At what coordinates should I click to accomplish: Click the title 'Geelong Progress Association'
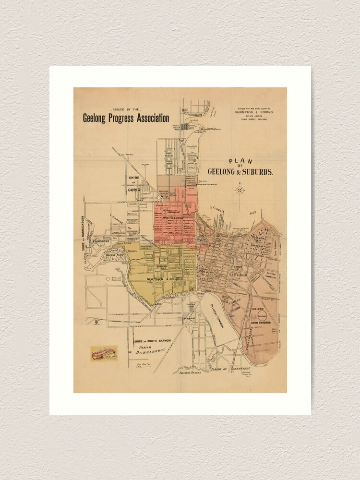point(126,118)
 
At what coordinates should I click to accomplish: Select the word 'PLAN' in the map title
point(240,162)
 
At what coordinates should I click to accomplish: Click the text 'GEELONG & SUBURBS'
point(240,172)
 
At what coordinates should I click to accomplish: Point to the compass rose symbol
point(240,190)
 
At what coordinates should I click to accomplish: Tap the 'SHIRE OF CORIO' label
point(134,184)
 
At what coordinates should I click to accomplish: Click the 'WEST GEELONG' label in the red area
point(174,218)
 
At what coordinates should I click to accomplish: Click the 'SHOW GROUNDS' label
point(261,323)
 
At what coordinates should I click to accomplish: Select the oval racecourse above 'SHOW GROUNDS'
point(262,315)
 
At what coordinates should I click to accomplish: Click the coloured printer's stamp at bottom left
point(104,353)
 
